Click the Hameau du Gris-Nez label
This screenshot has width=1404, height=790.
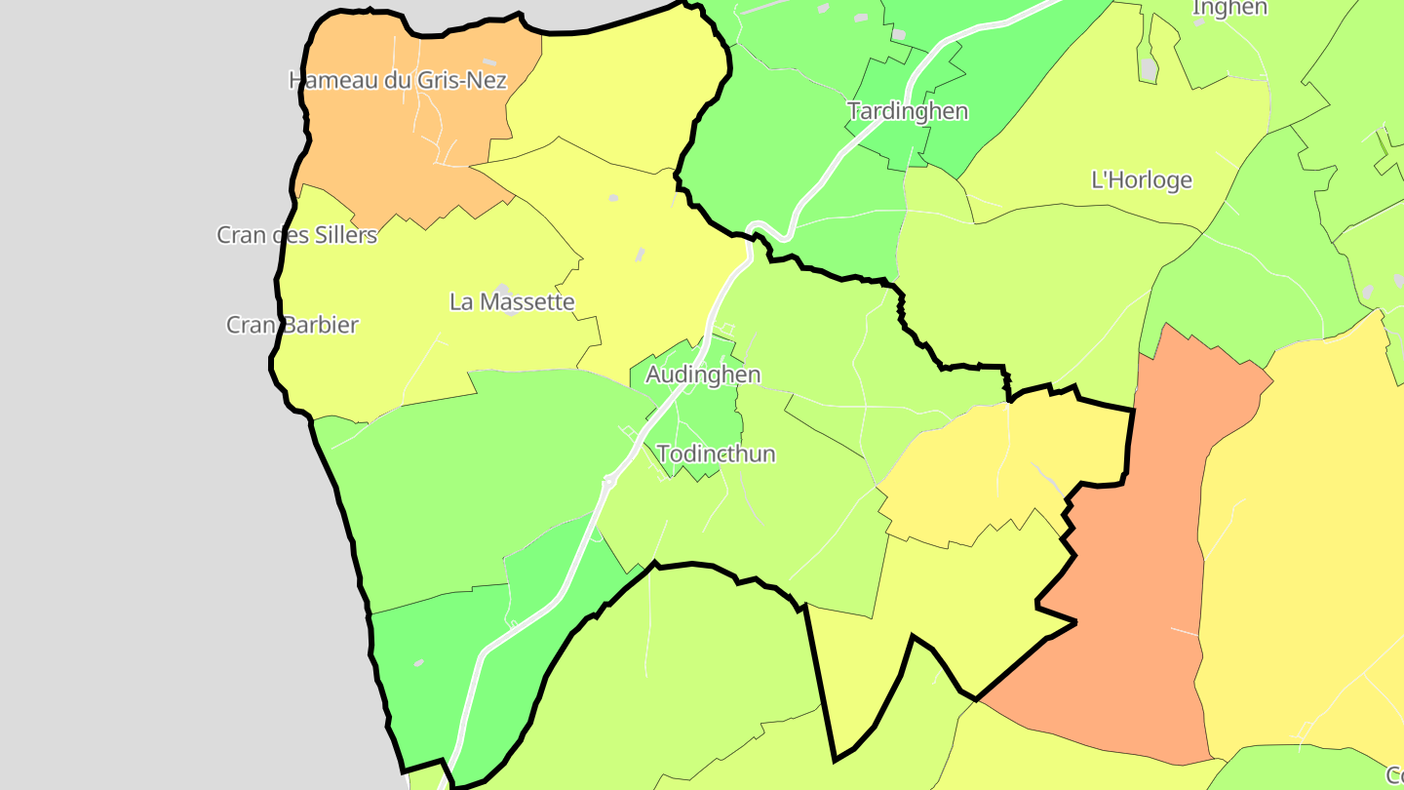point(398,80)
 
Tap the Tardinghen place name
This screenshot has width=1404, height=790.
point(908,111)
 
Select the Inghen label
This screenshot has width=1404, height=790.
point(1229,8)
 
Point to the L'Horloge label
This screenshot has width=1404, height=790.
point(1141,180)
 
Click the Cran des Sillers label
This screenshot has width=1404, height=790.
point(296,235)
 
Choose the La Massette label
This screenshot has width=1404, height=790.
point(512,302)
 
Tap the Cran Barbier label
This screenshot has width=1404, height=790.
point(292,325)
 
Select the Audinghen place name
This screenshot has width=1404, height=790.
point(703,375)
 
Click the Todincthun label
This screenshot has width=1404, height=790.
point(717,454)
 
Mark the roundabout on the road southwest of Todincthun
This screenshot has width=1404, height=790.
point(610,482)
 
